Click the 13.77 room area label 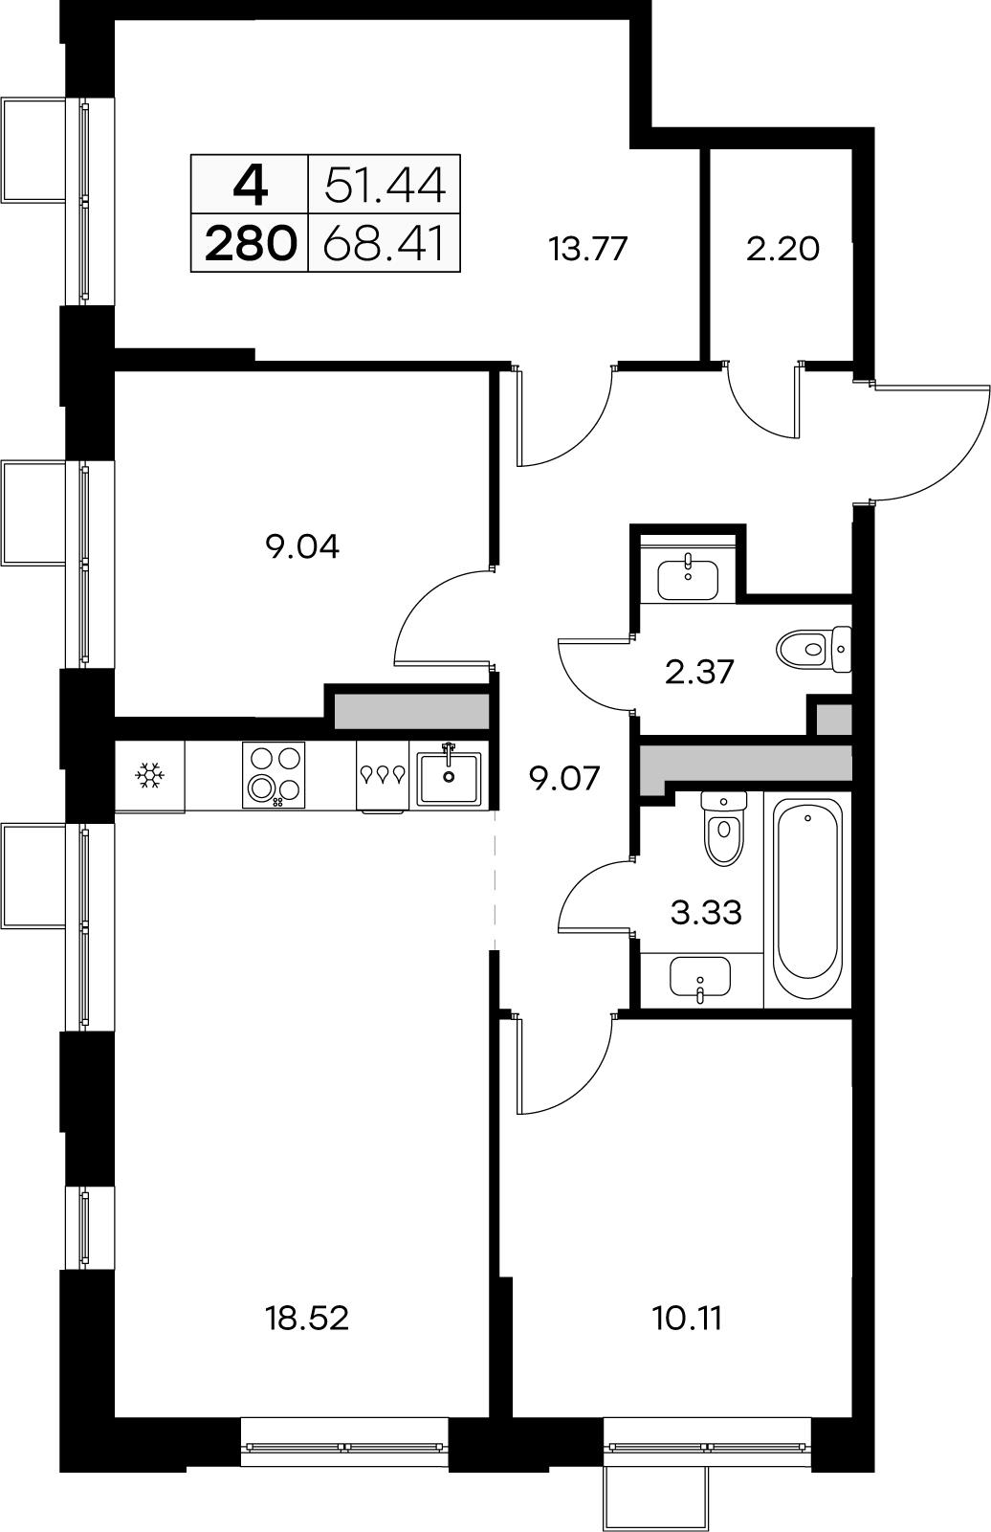click(588, 249)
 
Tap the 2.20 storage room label click(782, 249)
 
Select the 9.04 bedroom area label click(302, 546)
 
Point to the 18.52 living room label click(307, 1318)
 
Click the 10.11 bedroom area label click(688, 1318)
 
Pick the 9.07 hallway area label click(565, 778)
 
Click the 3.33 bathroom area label click(706, 912)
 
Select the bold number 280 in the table click(251, 244)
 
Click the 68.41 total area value click(385, 244)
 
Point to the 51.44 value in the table click(385, 186)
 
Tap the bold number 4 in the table click(251, 186)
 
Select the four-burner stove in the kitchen click(274, 775)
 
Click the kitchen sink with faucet click(449, 776)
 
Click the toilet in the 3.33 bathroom click(724, 829)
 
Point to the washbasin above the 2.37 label click(688, 580)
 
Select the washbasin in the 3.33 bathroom click(700, 977)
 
